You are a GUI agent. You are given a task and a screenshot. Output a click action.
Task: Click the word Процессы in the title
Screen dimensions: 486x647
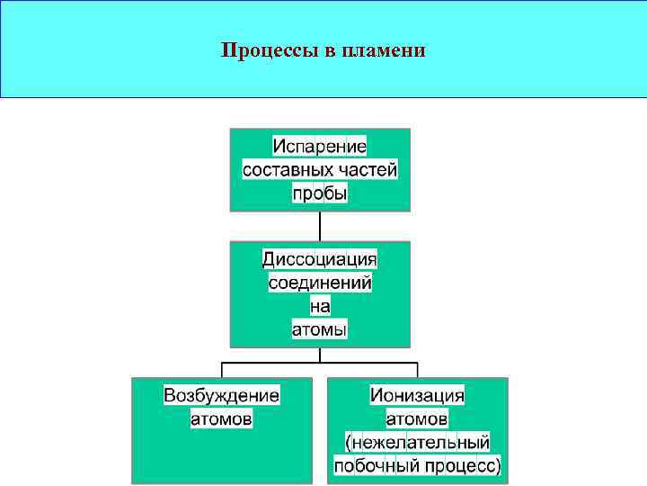click(266, 49)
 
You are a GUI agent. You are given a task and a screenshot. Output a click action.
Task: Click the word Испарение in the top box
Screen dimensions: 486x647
click(320, 146)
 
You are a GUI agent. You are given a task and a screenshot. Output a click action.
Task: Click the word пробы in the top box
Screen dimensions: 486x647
click(320, 193)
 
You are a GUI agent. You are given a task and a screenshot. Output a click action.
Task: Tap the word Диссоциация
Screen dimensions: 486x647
click(320, 260)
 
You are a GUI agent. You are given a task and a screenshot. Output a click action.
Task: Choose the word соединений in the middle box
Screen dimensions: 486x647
click(320, 283)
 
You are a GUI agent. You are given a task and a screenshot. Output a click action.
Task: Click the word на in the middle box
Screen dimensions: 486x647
click(320, 307)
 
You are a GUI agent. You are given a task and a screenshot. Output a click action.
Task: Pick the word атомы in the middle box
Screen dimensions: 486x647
click(320, 330)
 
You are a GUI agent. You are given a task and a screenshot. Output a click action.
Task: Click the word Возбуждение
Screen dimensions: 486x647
click(222, 396)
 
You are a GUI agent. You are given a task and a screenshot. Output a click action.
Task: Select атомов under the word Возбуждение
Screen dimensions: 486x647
click(222, 419)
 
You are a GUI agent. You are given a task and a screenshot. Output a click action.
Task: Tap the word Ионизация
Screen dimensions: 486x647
click(418, 396)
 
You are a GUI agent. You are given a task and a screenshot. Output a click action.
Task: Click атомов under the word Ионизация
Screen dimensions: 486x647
click(418, 419)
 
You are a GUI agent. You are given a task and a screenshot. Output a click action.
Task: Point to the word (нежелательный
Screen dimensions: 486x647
click(418, 443)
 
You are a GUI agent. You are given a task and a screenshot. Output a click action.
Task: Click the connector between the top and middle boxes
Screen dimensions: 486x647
click(320, 226)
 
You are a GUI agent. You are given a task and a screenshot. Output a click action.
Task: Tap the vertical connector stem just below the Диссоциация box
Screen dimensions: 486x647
click(320, 355)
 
